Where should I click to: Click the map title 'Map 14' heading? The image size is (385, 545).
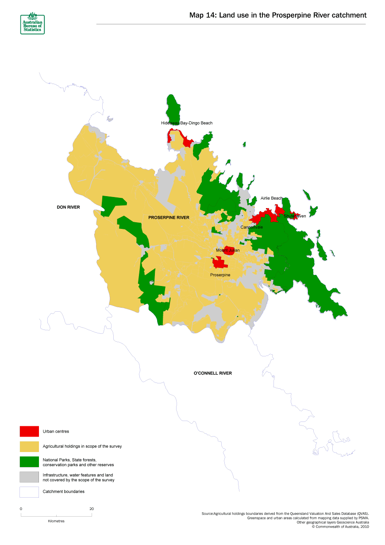click(277, 15)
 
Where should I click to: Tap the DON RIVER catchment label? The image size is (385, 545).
click(68, 207)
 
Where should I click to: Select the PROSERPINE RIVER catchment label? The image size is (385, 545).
click(169, 217)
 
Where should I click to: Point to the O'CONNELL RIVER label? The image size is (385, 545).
click(213, 373)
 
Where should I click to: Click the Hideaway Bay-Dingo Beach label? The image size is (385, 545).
click(186, 123)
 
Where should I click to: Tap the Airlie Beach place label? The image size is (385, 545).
click(271, 198)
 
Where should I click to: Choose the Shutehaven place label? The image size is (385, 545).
click(295, 216)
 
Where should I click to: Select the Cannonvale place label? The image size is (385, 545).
click(251, 227)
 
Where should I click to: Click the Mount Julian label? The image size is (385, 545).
click(227, 251)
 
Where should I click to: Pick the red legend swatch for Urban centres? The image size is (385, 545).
click(29, 431)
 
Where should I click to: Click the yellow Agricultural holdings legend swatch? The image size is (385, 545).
click(29, 446)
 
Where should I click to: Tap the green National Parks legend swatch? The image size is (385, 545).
click(29, 462)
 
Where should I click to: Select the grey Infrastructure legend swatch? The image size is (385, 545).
click(29, 477)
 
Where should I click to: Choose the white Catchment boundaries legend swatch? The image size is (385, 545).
click(29, 492)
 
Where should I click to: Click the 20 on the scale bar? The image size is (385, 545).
click(92, 509)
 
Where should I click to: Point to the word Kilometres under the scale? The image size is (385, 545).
click(56, 521)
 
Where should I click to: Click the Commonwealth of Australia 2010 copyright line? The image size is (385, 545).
click(340, 527)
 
